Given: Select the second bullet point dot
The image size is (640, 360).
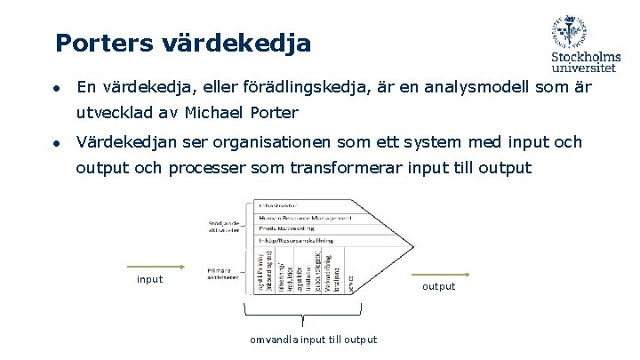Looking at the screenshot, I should (55, 143).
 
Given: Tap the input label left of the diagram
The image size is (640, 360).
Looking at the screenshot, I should (149, 279).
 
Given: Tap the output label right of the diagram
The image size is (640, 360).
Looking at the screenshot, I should (438, 286).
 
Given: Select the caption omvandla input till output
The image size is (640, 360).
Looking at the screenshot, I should (313, 340).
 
